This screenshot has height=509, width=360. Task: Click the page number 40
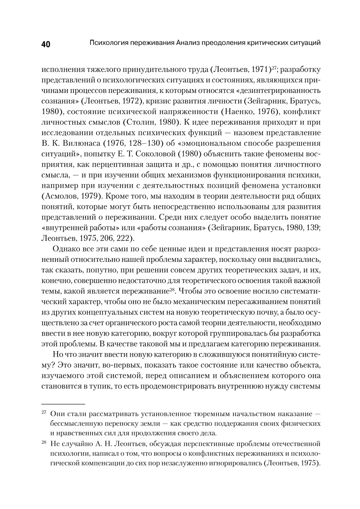point(46,44)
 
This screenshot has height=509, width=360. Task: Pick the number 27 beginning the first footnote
point(44,412)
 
